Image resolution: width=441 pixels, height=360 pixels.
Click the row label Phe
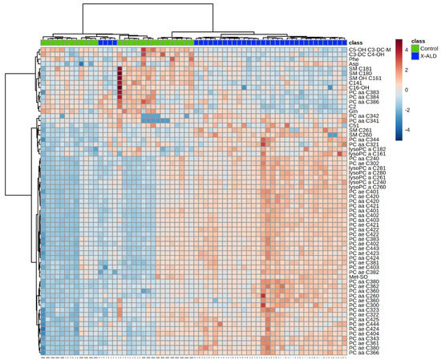tap(354, 59)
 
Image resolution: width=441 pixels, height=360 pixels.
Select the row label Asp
tap(354, 63)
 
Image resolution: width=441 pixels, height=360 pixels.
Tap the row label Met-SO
tap(358, 277)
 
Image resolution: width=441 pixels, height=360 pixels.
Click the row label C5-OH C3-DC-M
tap(370, 49)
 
